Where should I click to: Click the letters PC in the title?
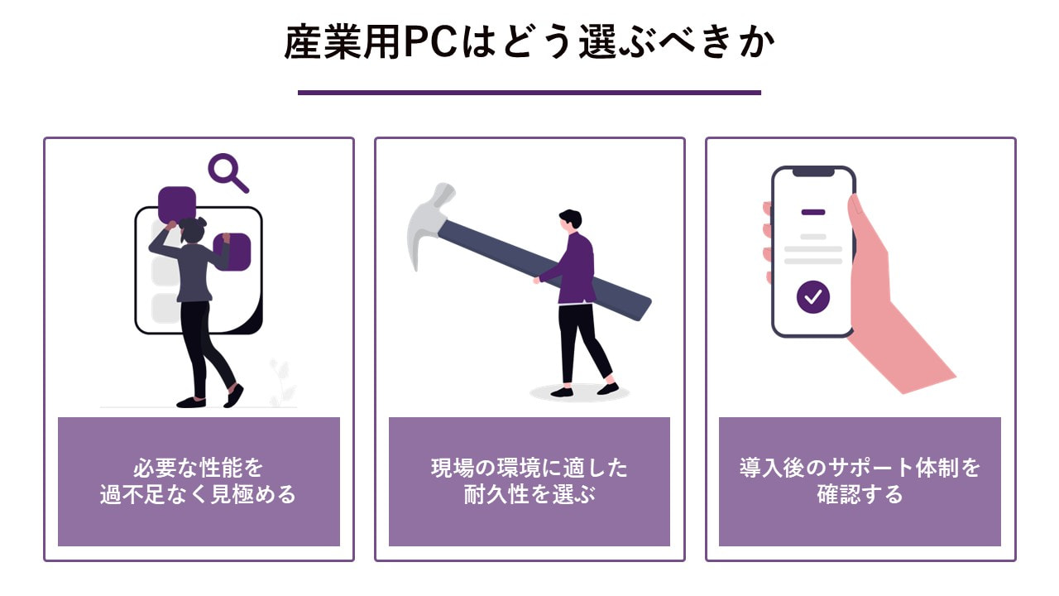tap(430, 41)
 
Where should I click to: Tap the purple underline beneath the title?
tap(529, 93)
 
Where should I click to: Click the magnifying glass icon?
tap(228, 173)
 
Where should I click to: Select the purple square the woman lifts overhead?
tap(177, 204)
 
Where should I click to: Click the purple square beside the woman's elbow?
tap(232, 252)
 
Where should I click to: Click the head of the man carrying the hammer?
tap(570, 220)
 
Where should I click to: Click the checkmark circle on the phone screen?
tap(813, 297)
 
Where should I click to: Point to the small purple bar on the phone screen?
tap(813, 213)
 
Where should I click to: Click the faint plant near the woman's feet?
tap(282, 383)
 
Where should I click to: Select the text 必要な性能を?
tap(198, 468)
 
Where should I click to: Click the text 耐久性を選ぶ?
tap(529, 494)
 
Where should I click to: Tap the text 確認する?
tap(860, 494)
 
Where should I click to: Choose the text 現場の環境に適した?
tap(529, 468)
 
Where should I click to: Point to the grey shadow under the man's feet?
tap(580, 392)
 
